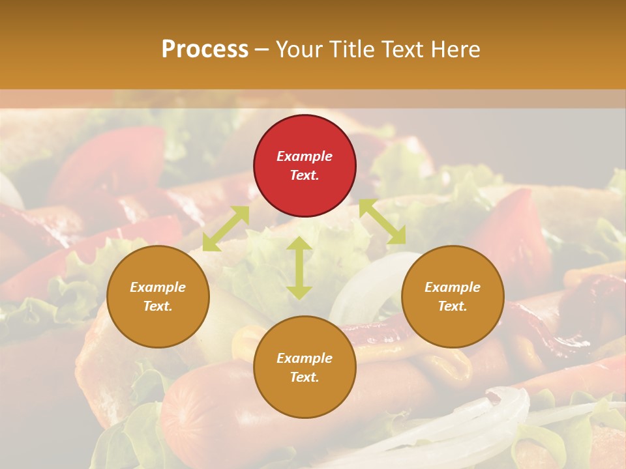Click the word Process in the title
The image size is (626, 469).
[205, 50]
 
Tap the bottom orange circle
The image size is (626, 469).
[305, 397]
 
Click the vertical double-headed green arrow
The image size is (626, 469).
[299, 268]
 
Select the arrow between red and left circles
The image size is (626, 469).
[226, 228]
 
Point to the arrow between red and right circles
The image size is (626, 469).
[382, 222]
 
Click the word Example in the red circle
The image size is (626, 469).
[305, 156]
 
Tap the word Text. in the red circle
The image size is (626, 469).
[305, 175]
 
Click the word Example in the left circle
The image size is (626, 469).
[158, 287]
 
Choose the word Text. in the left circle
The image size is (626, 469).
[158, 306]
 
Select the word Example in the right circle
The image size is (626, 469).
[453, 287]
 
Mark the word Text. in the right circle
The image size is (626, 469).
[453, 306]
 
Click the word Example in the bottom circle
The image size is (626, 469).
[305, 358]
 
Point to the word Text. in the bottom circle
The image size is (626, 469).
[305, 377]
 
